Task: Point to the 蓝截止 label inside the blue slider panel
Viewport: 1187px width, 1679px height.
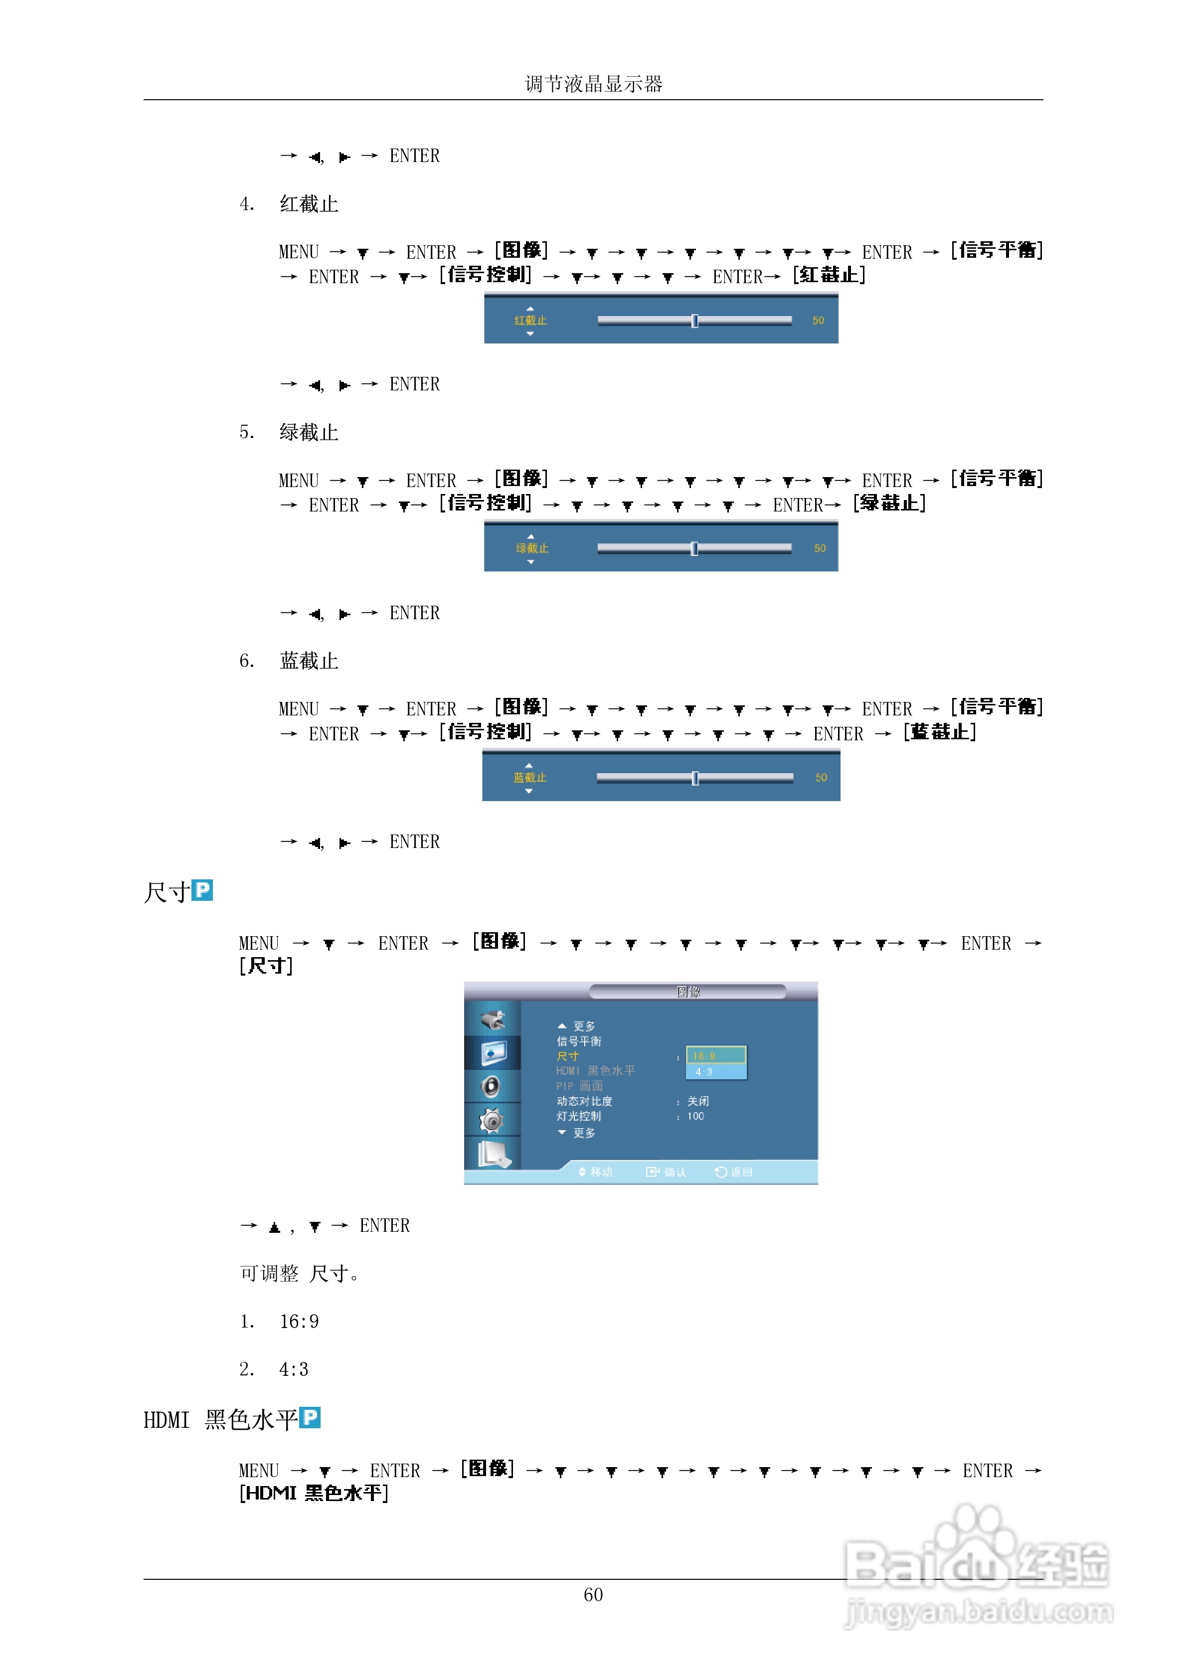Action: click(529, 777)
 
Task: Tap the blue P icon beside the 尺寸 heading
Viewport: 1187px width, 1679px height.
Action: click(202, 890)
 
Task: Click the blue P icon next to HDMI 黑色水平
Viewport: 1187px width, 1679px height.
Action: click(310, 1418)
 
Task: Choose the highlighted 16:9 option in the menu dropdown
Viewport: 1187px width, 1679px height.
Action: click(715, 1055)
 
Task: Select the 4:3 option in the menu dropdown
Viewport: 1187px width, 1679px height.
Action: click(715, 1072)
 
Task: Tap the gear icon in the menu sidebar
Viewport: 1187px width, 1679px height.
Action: click(492, 1120)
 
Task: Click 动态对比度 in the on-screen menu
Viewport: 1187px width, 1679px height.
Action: click(584, 1101)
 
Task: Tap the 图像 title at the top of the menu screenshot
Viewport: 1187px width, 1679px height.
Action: click(687, 992)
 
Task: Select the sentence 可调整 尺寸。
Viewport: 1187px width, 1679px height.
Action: click(299, 1274)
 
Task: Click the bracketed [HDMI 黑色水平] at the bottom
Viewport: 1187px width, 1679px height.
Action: click(313, 1493)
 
